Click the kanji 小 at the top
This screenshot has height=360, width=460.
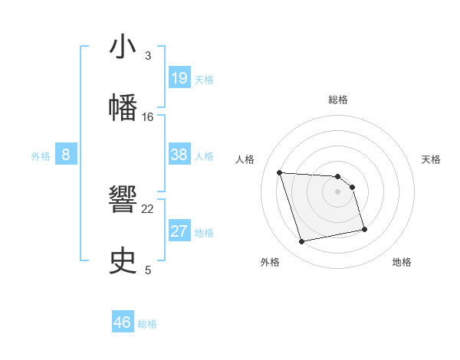tap(123, 48)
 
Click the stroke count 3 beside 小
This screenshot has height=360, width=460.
tap(148, 56)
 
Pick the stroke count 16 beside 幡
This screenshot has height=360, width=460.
tap(148, 116)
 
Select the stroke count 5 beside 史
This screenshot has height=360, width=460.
tap(148, 269)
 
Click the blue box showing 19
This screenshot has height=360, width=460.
tap(179, 78)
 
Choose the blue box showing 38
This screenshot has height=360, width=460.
tap(179, 155)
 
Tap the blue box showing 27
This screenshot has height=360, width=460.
tap(179, 231)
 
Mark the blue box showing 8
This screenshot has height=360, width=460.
tap(66, 155)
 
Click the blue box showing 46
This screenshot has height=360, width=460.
tap(123, 322)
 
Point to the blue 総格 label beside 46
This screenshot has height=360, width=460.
tap(147, 324)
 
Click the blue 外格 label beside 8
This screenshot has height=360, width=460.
tap(41, 156)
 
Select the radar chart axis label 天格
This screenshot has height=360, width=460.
tap(432, 159)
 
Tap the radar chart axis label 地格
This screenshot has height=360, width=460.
tap(402, 262)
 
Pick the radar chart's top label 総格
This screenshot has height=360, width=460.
tap(338, 100)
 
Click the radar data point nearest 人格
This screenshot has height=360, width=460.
tap(280, 172)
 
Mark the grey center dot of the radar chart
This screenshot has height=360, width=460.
tap(338, 191)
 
